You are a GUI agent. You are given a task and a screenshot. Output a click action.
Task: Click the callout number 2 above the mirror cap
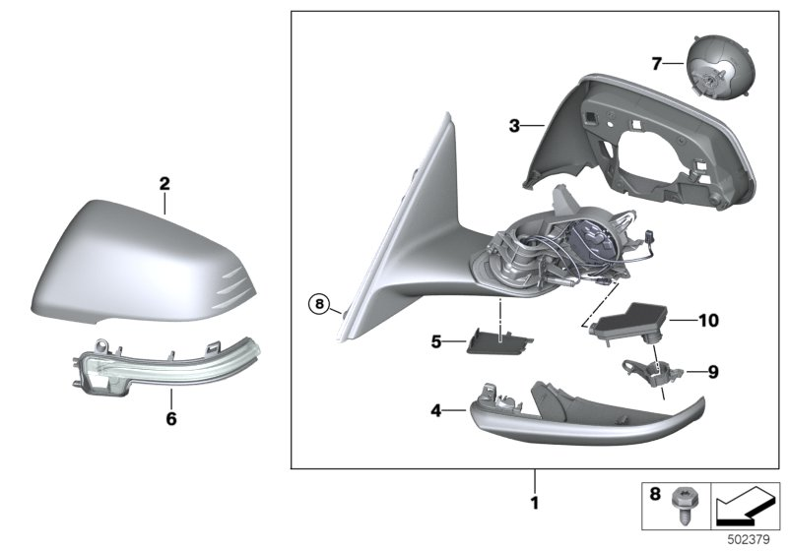pos(164,183)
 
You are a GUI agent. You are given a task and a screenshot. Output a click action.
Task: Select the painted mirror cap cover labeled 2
pos(148,261)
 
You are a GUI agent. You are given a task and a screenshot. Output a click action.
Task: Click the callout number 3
pos(514,126)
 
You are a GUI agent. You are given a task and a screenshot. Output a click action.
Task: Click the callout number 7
pos(657,64)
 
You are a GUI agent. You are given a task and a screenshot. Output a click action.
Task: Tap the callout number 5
pos(436,342)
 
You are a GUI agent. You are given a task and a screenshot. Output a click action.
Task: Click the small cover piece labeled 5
pos(496,339)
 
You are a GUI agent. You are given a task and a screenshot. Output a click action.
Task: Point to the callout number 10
pos(708,320)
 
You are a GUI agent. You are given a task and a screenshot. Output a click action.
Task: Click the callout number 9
pos(713,372)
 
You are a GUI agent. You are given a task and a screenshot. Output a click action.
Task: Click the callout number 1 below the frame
pos(535,504)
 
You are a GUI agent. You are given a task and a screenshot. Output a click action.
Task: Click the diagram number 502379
pos(748,539)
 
